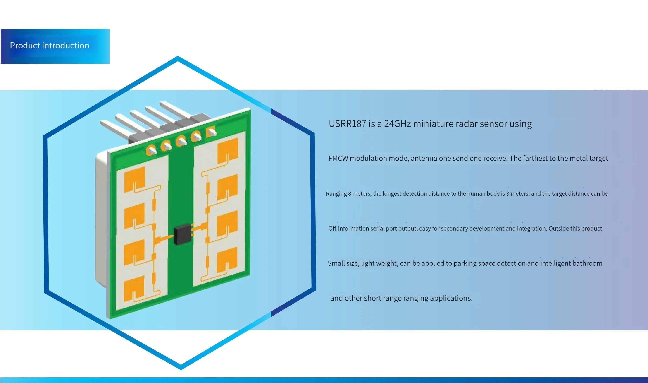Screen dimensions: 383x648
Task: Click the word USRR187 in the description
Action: point(348,124)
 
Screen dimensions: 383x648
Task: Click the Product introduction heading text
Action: point(50,46)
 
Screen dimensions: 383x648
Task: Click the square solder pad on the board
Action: point(211,132)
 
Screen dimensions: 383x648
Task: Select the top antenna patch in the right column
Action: point(228,150)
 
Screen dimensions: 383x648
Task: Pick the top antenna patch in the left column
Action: point(135,179)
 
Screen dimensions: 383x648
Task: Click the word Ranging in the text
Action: point(336,194)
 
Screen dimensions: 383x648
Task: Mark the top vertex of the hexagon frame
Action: point(178,58)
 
